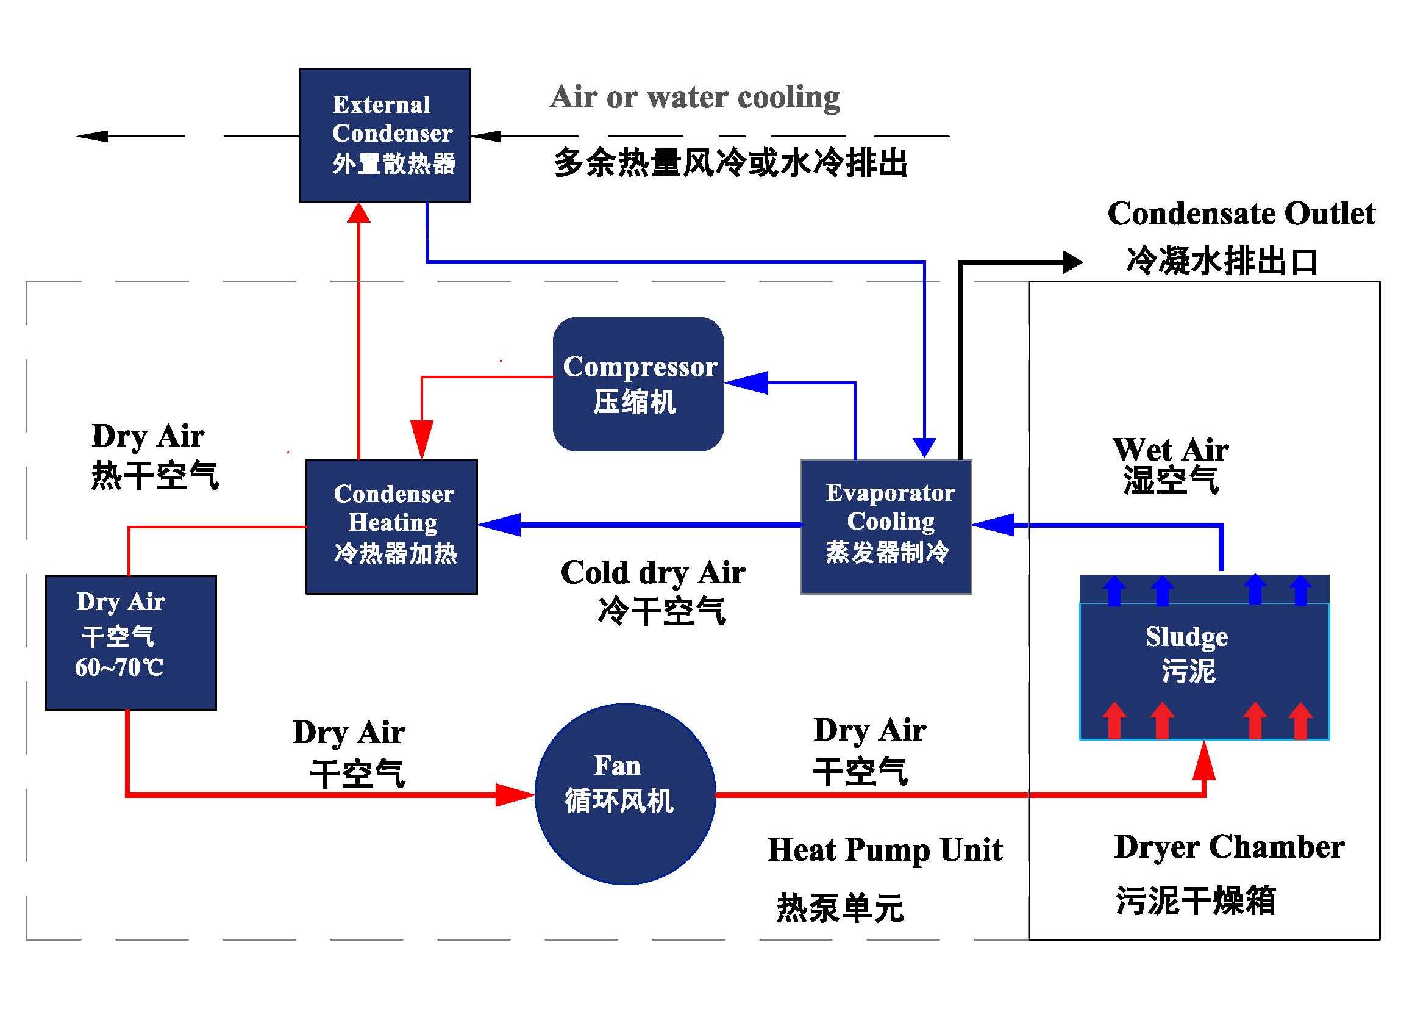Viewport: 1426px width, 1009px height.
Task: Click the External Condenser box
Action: [x=385, y=135]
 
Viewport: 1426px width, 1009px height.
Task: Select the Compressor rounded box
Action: [x=638, y=384]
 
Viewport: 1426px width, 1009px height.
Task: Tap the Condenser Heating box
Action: [x=392, y=527]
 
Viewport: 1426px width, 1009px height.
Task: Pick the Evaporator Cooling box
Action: [x=886, y=527]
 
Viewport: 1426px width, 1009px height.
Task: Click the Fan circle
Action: [x=626, y=794]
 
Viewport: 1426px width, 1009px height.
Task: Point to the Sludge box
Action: [x=1204, y=658]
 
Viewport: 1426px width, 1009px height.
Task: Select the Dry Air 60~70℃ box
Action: [x=131, y=642]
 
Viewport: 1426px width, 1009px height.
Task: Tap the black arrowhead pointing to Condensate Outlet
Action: [x=1072, y=262]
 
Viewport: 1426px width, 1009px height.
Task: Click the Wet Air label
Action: [x=1170, y=448]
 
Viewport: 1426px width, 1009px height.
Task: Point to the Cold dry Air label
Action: [x=653, y=572]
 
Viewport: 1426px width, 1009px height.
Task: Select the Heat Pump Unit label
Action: [x=885, y=849]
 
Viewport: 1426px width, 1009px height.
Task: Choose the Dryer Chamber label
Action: [x=1229, y=847]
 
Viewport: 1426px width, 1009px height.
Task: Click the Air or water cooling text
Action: [x=694, y=97]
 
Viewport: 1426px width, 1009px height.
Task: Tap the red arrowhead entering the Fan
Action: [x=515, y=795]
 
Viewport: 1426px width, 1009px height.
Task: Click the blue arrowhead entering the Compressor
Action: [x=747, y=382]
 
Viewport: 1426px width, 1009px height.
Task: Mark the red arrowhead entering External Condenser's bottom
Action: [x=359, y=212]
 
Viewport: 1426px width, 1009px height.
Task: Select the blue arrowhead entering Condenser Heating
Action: [x=499, y=525]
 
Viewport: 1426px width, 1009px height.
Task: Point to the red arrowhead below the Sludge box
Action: [x=1204, y=760]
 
